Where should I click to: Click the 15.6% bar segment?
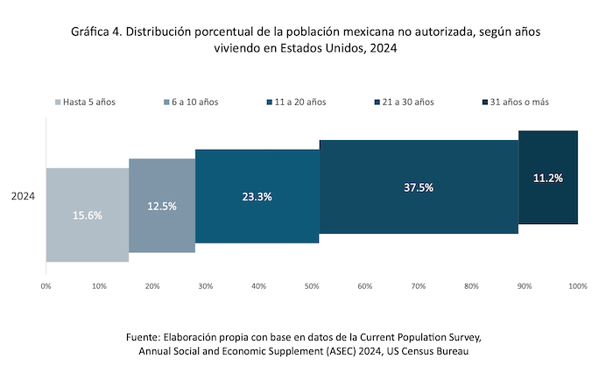pyautogui.click(x=88, y=215)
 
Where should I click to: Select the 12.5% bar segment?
pyautogui.click(x=162, y=206)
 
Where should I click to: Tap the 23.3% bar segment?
pyautogui.click(x=257, y=196)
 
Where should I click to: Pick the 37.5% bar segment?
pyautogui.click(x=419, y=186)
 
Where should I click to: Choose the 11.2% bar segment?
pyautogui.click(x=548, y=178)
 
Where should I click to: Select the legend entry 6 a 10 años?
pyautogui.click(x=190, y=102)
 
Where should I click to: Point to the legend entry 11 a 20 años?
pyautogui.click(x=298, y=102)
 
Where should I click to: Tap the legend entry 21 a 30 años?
pyautogui.click(x=405, y=102)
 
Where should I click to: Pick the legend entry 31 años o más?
pyautogui.click(x=519, y=102)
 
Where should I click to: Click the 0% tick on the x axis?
pyautogui.click(x=46, y=286)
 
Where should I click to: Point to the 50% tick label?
pyautogui.click(x=312, y=286)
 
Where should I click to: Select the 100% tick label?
pyautogui.click(x=577, y=286)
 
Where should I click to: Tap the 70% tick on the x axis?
pyautogui.click(x=419, y=286)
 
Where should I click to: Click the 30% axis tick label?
pyautogui.click(x=206, y=286)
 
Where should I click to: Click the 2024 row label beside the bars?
pyautogui.click(x=23, y=197)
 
